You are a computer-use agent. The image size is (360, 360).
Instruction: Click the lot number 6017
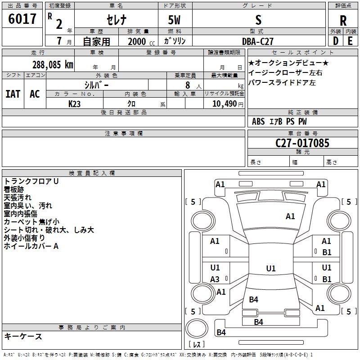[x=22, y=19]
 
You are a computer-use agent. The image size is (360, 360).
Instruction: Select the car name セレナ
[x=117, y=20]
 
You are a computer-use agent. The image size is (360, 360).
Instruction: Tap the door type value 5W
[x=174, y=20]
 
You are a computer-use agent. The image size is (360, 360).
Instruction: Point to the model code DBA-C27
[x=258, y=41]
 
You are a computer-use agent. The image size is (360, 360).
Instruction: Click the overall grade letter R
[x=343, y=21]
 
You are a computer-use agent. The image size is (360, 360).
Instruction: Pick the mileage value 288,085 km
[x=53, y=65]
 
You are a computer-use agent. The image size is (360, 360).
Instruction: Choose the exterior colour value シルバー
[x=96, y=85]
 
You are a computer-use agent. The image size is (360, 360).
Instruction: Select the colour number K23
[x=74, y=104]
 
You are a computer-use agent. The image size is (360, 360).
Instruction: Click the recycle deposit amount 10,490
[x=224, y=104]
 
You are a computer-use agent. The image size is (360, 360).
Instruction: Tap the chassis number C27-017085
[x=302, y=143]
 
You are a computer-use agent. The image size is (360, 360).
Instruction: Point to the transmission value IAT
[x=13, y=94]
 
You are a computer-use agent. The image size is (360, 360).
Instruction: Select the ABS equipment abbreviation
[x=258, y=121]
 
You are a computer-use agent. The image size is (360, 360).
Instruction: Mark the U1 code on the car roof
[x=271, y=268]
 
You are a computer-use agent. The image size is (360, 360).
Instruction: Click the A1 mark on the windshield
[x=290, y=216]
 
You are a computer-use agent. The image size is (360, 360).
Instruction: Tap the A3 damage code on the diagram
[x=215, y=279]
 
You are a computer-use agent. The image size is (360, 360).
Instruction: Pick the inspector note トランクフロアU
[x=31, y=181]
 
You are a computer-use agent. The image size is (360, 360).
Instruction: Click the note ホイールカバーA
[x=31, y=246]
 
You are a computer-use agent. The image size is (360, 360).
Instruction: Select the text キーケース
[x=23, y=337]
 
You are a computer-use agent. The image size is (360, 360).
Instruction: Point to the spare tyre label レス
[x=197, y=344]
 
